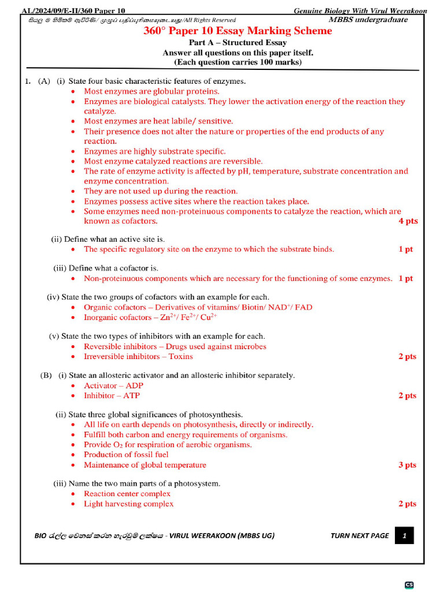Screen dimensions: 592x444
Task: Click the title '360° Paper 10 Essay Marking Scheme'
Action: tap(238, 31)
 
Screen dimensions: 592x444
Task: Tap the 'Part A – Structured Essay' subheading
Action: tap(238, 43)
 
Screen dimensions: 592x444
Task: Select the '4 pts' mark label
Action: tap(408, 221)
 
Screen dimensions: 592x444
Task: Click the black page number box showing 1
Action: tap(404, 536)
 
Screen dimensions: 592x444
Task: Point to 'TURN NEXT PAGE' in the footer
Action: tap(360, 536)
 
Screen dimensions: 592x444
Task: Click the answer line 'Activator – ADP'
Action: tap(113, 386)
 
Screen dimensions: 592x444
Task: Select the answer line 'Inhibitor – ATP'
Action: tap(112, 396)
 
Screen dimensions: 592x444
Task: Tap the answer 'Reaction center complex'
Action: tap(127, 494)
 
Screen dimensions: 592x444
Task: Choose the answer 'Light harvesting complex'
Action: tap(128, 504)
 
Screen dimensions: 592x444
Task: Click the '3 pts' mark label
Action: tap(407, 465)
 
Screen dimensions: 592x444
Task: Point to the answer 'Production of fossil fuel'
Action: tap(126, 455)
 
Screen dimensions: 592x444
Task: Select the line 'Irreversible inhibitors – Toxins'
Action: tap(138, 357)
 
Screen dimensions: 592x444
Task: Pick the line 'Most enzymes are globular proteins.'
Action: tap(151, 91)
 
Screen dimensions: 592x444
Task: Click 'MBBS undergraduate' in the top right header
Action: tap(368, 20)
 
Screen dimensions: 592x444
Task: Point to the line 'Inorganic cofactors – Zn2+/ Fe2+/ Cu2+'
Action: tap(150, 317)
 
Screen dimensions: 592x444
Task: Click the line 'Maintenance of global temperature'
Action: tap(145, 465)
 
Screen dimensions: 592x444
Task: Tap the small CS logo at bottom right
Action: tap(409, 584)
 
